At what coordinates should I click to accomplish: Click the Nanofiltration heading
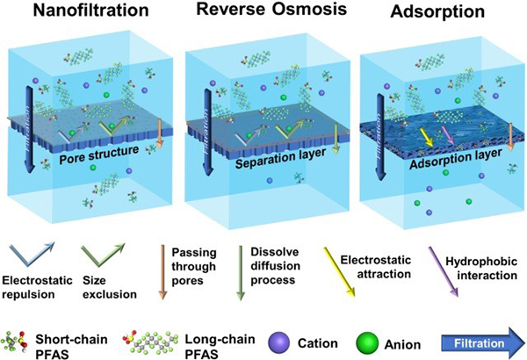click(x=90, y=11)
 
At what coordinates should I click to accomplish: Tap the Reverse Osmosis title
click(x=271, y=9)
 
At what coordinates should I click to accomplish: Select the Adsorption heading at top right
click(x=437, y=12)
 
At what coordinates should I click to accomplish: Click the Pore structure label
click(x=98, y=155)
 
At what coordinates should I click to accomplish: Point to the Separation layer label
click(x=281, y=158)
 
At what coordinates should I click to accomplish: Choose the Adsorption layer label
click(x=456, y=159)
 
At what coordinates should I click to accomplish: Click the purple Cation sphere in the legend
click(x=279, y=342)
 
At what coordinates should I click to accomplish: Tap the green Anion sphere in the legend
click(x=367, y=343)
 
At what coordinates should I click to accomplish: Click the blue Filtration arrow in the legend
click(x=482, y=343)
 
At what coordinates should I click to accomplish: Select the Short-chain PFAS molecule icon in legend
click(x=14, y=342)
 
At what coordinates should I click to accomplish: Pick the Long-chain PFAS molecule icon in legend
click(x=150, y=343)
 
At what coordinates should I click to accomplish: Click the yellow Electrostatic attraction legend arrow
click(x=339, y=272)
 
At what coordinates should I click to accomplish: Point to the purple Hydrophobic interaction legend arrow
click(x=443, y=271)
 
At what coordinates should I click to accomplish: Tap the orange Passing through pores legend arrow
click(x=162, y=272)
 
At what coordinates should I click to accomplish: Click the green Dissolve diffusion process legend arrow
click(x=241, y=272)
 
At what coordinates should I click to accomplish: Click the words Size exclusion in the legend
click(x=110, y=287)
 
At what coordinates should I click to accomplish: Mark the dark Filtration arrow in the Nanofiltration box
click(x=30, y=129)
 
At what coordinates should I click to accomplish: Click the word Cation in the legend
click(x=318, y=343)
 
